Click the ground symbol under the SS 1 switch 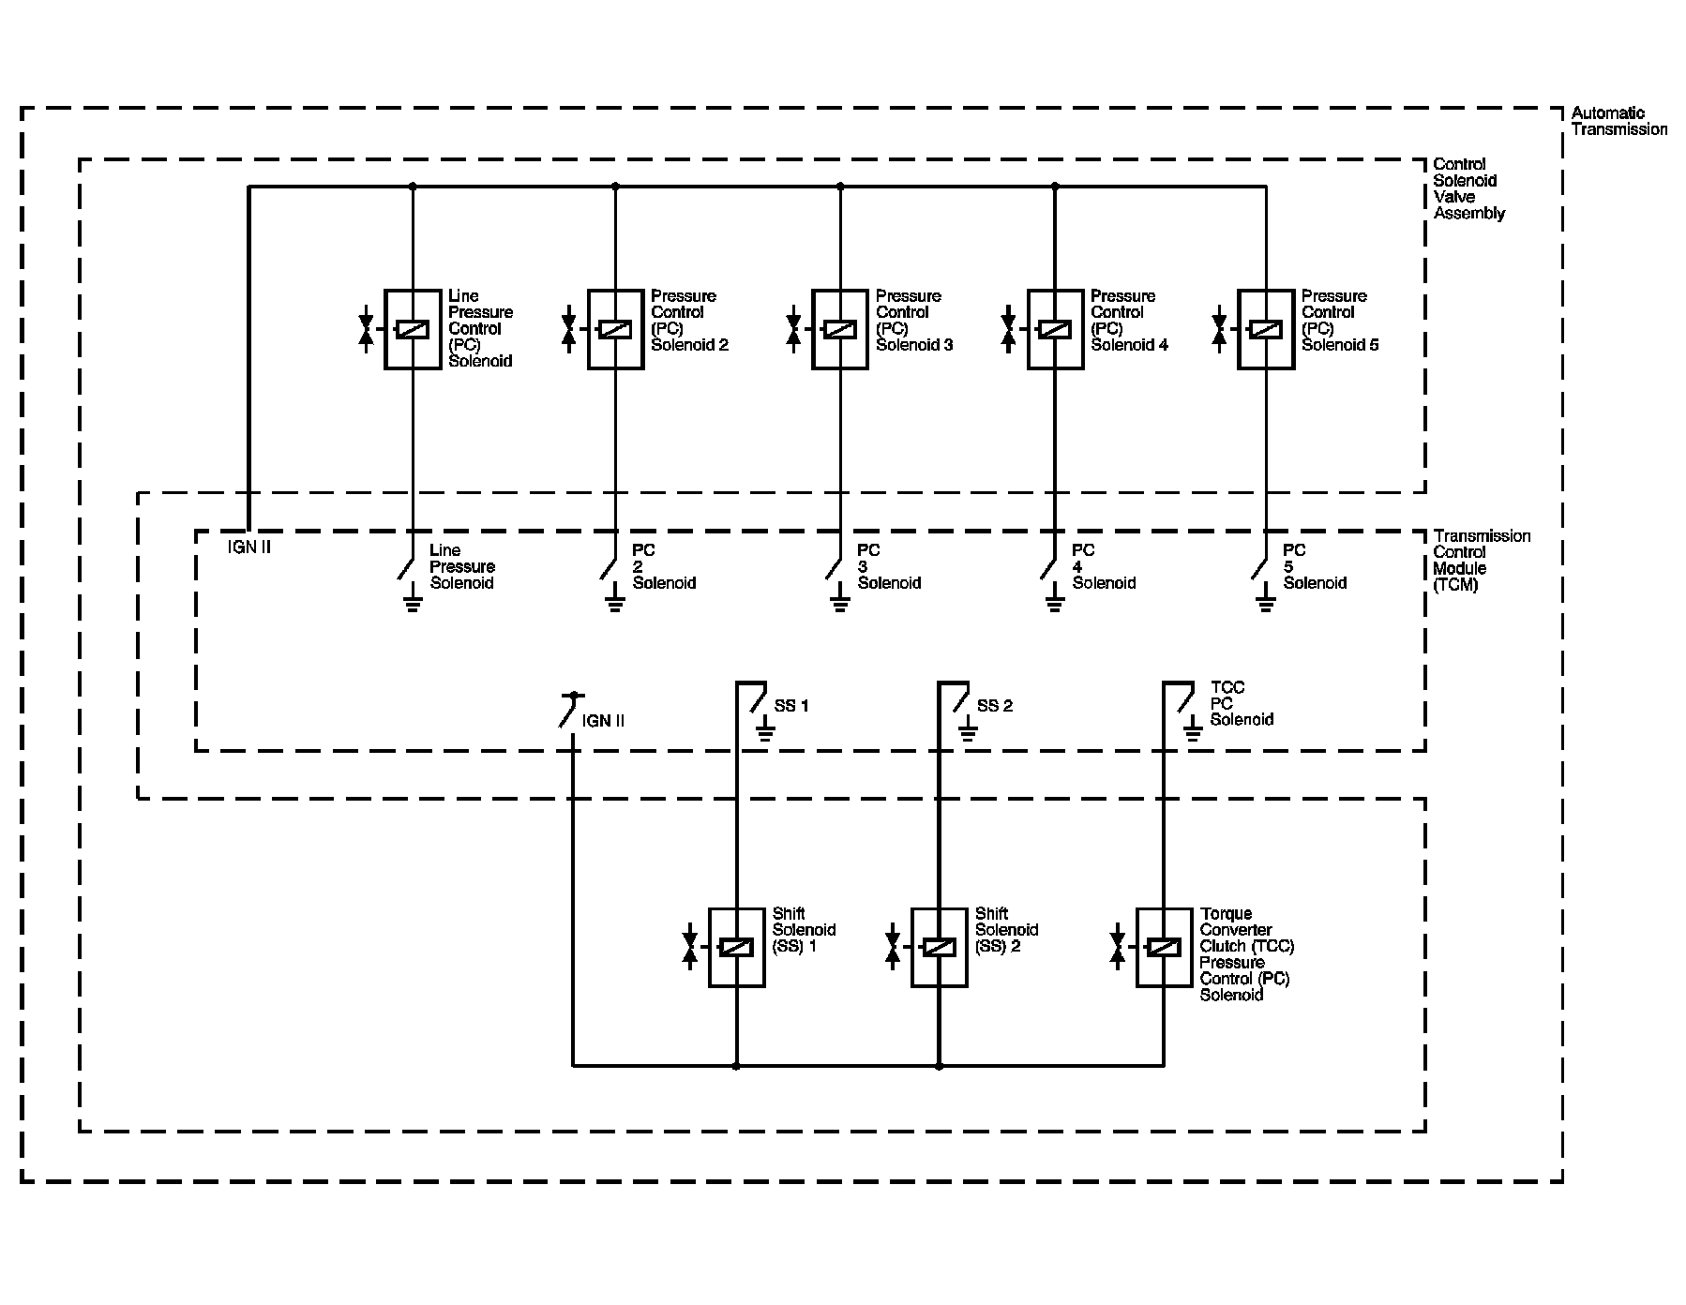(765, 732)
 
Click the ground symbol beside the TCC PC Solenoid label (1193, 732)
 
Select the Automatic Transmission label (1619, 121)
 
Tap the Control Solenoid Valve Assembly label (1469, 188)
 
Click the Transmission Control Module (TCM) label (1482, 560)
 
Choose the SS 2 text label (995, 706)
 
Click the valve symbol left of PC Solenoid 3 (793, 329)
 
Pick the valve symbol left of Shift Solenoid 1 (690, 947)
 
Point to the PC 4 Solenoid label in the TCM (1104, 566)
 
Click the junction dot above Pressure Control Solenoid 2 (615, 187)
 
